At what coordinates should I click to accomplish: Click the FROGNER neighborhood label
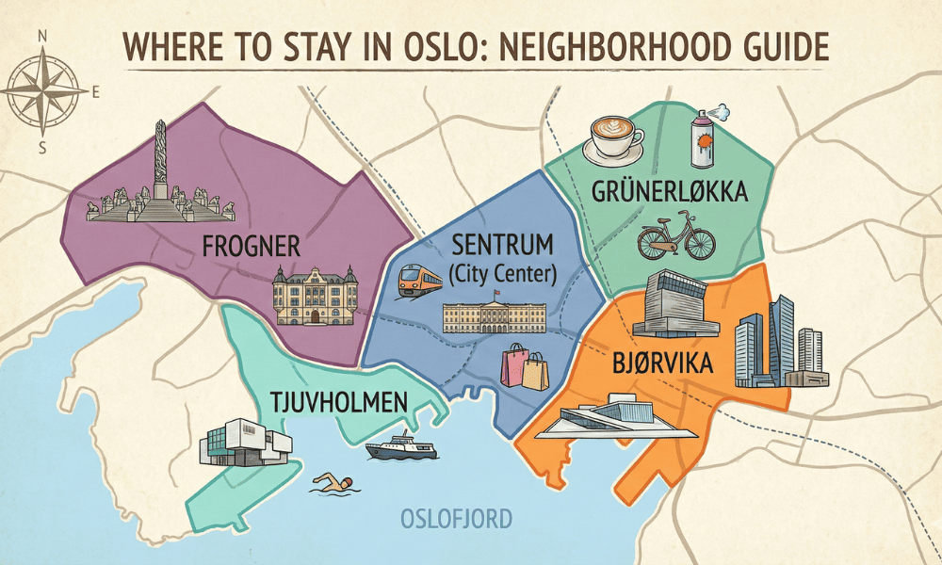(249, 247)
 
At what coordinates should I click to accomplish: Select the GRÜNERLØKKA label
(670, 192)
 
